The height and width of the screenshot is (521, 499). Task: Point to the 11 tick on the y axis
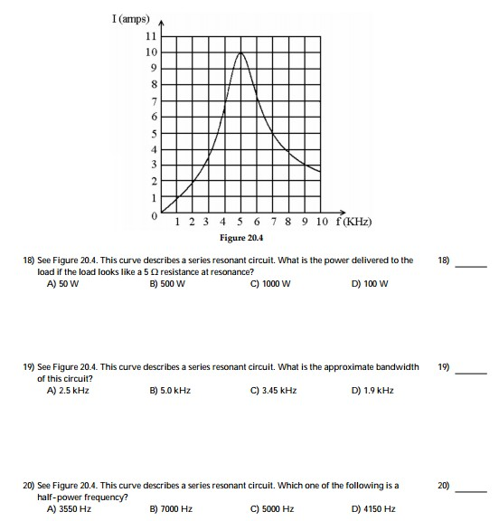pos(151,36)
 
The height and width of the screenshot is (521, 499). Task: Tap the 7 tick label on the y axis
pos(154,100)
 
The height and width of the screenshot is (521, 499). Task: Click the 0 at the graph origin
pos(155,217)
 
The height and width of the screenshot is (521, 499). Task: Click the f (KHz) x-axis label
pos(353,223)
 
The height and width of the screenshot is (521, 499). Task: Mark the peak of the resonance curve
pos(240,52)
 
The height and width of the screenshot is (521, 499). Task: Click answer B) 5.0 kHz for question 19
pos(169,390)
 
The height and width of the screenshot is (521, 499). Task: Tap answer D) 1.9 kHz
pos(372,390)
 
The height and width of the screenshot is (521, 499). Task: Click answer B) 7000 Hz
pos(171,509)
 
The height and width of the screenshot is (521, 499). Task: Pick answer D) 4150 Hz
pos(372,509)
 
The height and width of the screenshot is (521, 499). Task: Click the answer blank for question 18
pos(471,265)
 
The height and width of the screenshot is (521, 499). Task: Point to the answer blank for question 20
pos(471,491)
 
